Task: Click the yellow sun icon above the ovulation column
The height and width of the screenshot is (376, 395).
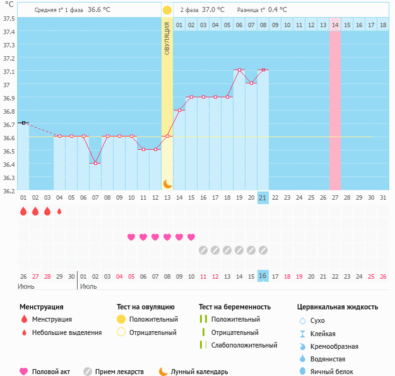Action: click(x=167, y=10)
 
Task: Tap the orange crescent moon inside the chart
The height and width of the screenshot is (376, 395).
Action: click(x=167, y=183)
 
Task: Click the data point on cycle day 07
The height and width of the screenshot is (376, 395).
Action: click(x=95, y=163)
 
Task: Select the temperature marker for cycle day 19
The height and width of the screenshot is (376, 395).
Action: click(x=239, y=70)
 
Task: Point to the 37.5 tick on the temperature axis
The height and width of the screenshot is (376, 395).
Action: click(x=9, y=18)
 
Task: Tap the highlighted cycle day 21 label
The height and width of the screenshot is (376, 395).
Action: click(x=263, y=198)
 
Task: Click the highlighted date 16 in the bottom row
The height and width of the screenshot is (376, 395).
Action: click(x=263, y=276)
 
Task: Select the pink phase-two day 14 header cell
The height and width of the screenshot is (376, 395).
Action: click(x=334, y=25)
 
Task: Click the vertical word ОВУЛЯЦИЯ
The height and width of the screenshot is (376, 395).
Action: click(x=167, y=38)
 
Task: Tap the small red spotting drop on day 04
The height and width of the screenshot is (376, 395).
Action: click(x=59, y=212)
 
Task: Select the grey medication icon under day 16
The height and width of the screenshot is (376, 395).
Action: click(x=203, y=250)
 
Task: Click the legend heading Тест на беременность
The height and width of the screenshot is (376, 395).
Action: click(x=234, y=307)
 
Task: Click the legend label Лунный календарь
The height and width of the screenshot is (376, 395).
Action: click(x=203, y=372)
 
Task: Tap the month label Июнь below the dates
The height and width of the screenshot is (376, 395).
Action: click(x=27, y=286)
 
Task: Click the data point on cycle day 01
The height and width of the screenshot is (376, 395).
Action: click(x=23, y=123)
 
